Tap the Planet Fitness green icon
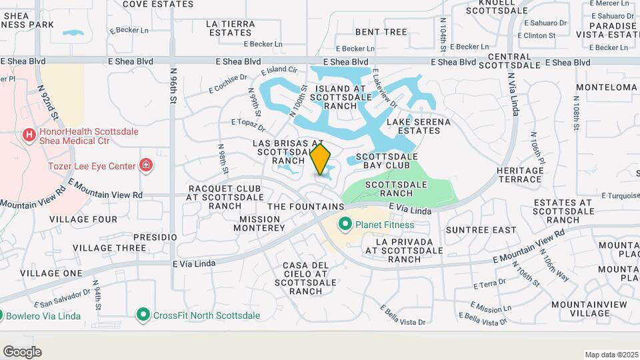(x=345, y=225)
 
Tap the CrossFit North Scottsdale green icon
(x=142, y=315)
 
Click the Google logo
(x=23, y=351)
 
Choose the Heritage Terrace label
(x=519, y=175)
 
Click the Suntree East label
(x=481, y=230)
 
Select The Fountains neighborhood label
(x=305, y=207)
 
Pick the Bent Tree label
(x=381, y=31)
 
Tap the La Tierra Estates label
(x=231, y=27)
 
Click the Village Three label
(x=109, y=248)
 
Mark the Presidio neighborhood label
(x=155, y=237)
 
